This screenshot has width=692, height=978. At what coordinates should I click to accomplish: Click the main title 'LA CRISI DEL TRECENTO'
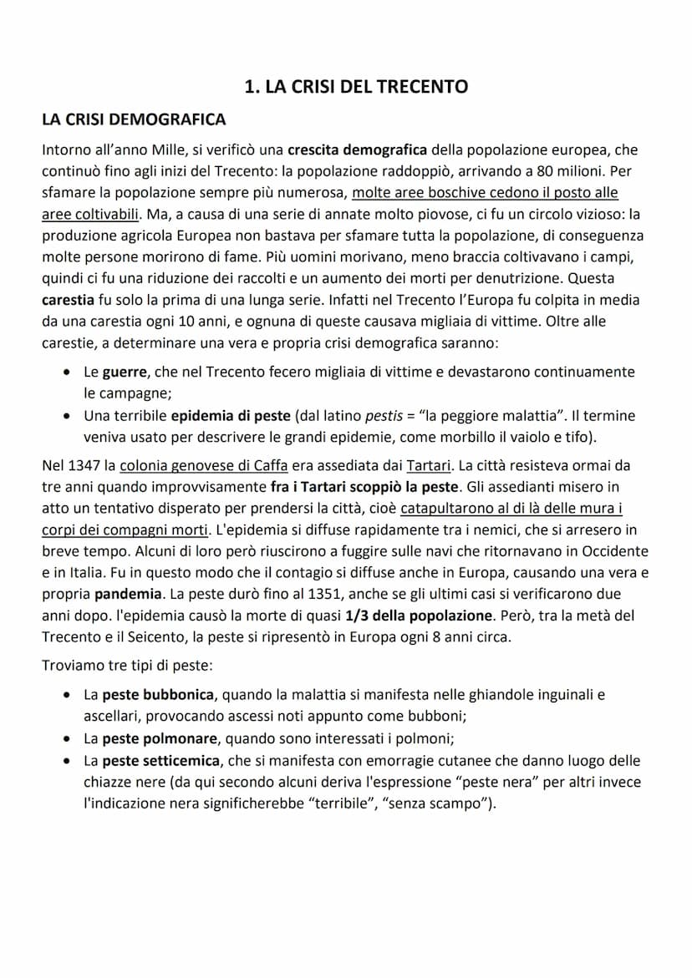(355, 87)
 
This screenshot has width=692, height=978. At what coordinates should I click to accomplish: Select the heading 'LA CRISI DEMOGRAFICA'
(134, 119)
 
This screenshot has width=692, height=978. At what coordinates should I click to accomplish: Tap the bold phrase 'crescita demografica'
(357, 150)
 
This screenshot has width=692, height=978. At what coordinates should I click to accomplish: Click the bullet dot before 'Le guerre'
(68, 372)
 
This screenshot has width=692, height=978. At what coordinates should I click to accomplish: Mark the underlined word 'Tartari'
(428, 464)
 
